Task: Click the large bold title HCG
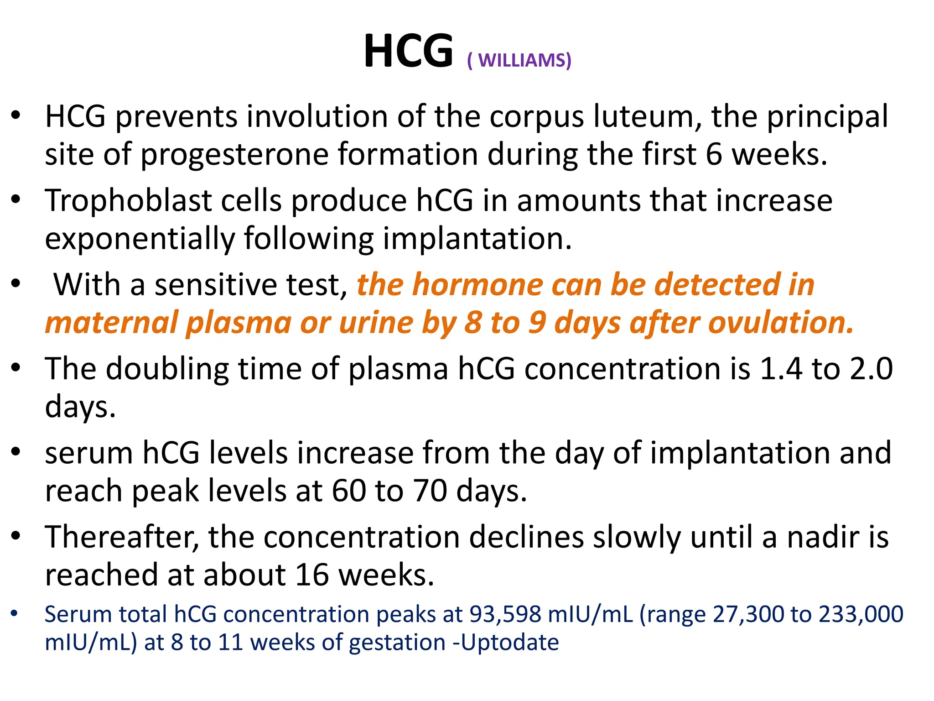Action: [408, 51]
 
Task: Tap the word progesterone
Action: [234, 154]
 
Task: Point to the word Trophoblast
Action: [128, 200]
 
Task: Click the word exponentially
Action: [139, 239]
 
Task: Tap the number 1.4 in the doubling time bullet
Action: [780, 368]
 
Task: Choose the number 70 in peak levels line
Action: [430, 491]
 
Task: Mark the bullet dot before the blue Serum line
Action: [15, 614]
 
